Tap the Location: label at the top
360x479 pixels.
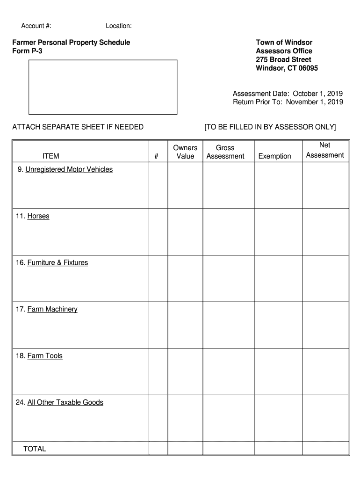pyautogui.click(x=118, y=25)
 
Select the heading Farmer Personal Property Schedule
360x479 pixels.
pyautogui.click(x=71, y=43)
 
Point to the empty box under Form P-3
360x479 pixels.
pyautogui.click(x=103, y=87)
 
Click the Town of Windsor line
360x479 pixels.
pyautogui.click(x=284, y=43)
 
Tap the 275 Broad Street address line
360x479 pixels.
pyautogui.click(x=283, y=59)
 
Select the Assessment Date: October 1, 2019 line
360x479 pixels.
pyautogui.click(x=288, y=94)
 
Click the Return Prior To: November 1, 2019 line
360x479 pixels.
pyautogui.click(x=288, y=102)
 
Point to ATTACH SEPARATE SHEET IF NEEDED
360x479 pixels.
pyautogui.click(x=78, y=127)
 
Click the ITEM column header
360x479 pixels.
pyautogui.click(x=50, y=156)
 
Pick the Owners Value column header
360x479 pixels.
pyautogui.click(x=185, y=152)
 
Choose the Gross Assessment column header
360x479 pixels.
pyautogui.click(x=225, y=152)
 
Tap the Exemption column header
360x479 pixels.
pyautogui.click(x=274, y=156)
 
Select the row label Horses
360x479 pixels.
pyautogui.click(x=38, y=216)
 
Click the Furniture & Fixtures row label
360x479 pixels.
pyautogui.click(x=58, y=262)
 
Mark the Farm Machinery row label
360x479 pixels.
pyautogui.click(x=52, y=309)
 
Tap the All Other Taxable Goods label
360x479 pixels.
pyautogui.click(x=65, y=402)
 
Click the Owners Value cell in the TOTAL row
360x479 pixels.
pyautogui.click(x=185, y=449)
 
